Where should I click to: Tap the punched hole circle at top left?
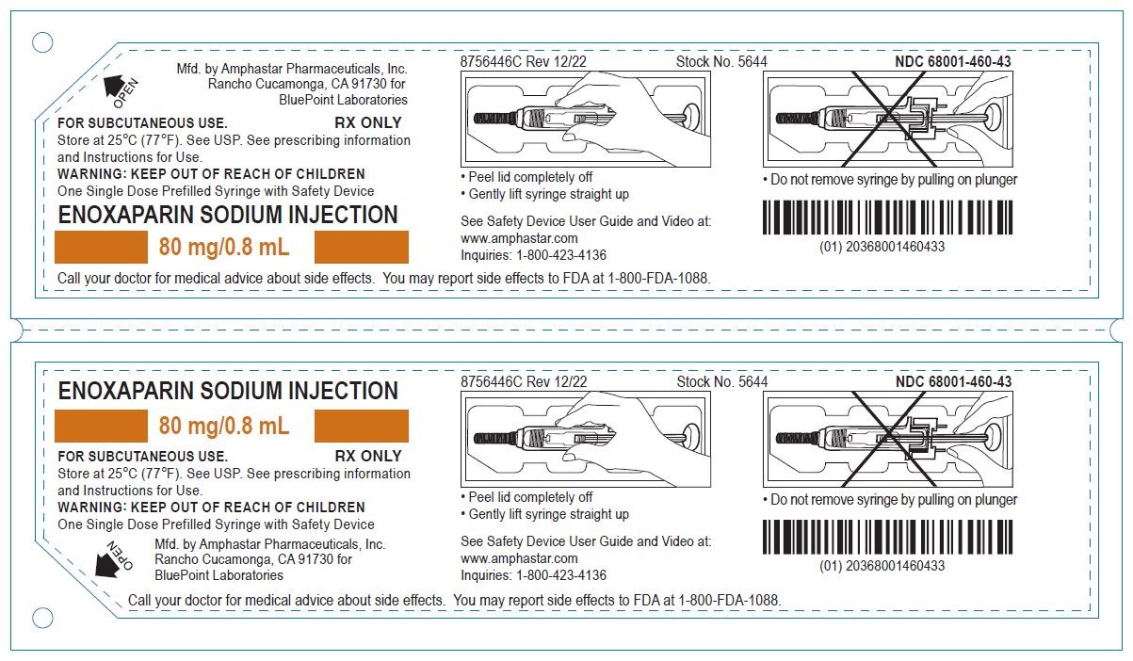[x=42, y=42]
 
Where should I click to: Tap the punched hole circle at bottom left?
[x=42, y=618]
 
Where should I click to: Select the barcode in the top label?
[x=887, y=218]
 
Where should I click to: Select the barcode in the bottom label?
[x=887, y=537]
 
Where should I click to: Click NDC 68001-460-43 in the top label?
[x=953, y=62]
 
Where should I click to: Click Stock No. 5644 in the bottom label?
[x=721, y=382]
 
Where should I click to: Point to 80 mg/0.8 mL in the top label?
[x=223, y=249]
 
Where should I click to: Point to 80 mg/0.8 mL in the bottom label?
[x=223, y=427]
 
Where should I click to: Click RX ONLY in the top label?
[x=368, y=123]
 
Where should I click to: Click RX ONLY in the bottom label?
[x=368, y=457]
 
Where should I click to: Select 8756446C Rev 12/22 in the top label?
[x=524, y=62]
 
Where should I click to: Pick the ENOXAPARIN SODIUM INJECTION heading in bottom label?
[x=228, y=391]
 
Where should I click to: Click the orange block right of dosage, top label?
[x=361, y=248]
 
